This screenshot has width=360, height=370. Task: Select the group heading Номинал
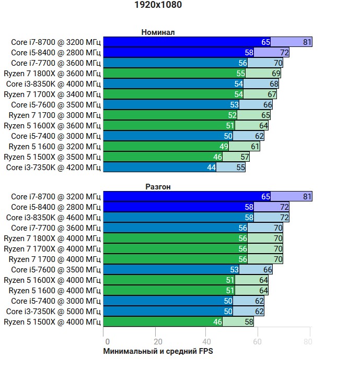tap(158, 32)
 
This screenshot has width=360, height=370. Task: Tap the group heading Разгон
tap(158, 186)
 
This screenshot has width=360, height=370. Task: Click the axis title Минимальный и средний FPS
tap(158, 351)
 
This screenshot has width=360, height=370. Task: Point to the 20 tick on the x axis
tap(155, 342)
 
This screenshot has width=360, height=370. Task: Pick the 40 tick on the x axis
tap(206, 342)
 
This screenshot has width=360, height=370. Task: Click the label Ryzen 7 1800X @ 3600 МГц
tap(52, 73)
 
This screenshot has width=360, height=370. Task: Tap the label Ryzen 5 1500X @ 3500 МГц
tap(52, 157)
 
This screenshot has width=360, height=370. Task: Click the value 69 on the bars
tap(276, 74)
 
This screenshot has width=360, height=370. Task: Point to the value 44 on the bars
tap(211, 168)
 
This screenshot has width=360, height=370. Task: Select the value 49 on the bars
tap(224, 147)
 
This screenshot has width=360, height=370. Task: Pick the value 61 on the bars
tap(255, 147)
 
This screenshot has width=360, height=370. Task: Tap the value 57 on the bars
tap(245, 157)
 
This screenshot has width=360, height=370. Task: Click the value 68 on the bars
tap(274, 84)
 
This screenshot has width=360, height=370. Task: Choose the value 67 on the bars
tap(272, 94)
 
